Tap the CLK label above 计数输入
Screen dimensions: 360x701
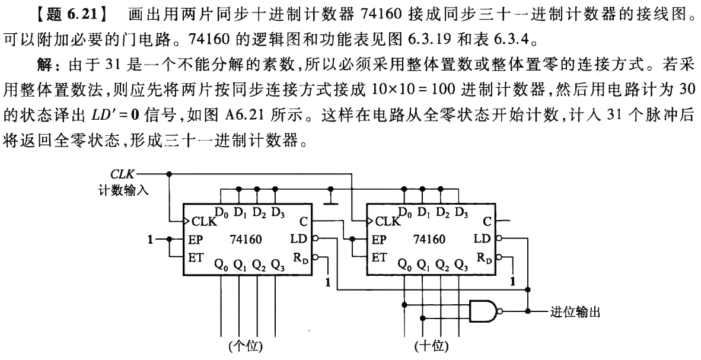[122, 174]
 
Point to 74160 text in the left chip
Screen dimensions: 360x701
[247, 240]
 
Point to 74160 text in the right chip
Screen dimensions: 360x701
[431, 240]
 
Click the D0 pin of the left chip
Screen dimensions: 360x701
[221, 211]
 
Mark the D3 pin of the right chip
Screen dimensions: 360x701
[461, 211]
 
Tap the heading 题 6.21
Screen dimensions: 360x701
[68, 11]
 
